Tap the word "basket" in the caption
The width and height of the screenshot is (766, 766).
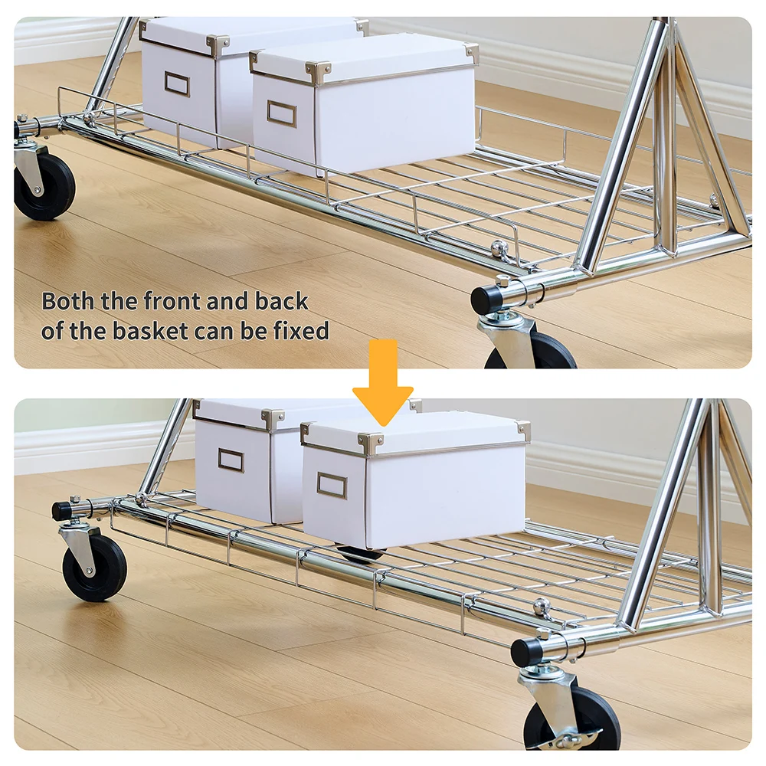pos(150,331)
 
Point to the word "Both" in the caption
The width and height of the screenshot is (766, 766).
pos(68,301)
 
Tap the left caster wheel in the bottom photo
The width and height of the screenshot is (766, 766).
pos(93,568)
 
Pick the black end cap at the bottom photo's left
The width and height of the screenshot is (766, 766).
pos(63,511)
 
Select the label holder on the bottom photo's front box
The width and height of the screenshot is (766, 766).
pos(332,485)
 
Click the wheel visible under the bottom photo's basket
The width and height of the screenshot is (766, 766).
pos(361,555)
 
